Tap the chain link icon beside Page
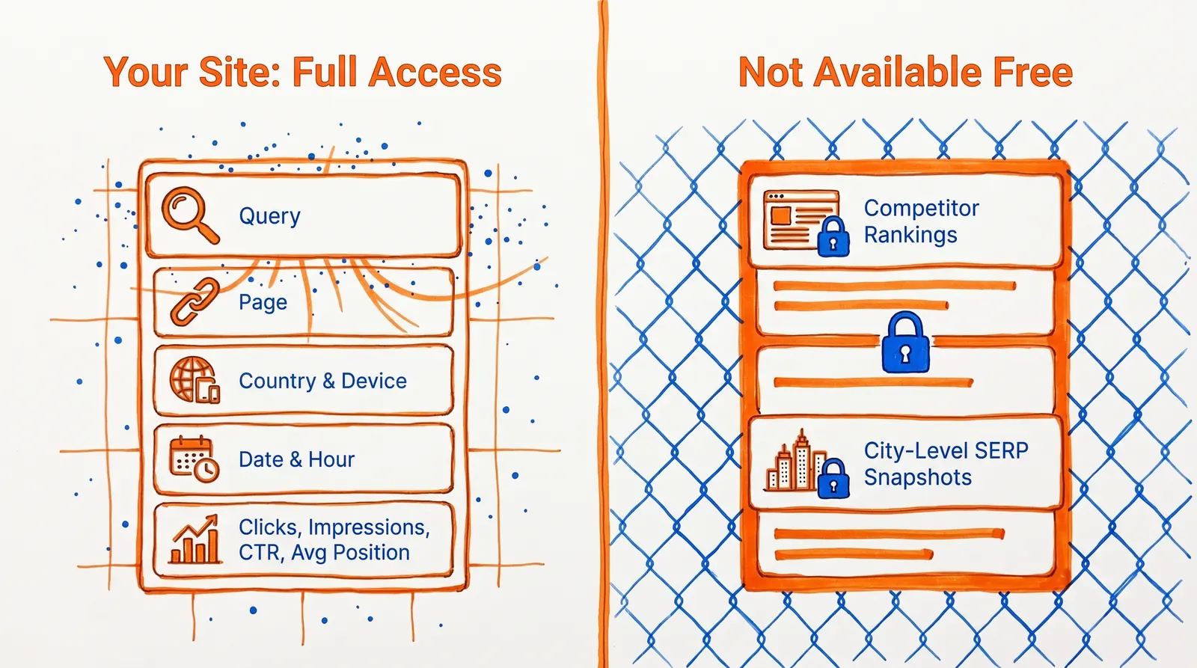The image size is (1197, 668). pyautogui.click(x=195, y=303)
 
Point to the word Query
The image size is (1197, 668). pyautogui.click(x=269, y=216)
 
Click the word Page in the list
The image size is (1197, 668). pyautogui.click(x=263, y=303)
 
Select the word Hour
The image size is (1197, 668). pyautogui.click(x=331, y=459)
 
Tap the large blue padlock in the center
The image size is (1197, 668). pyautogui.click(x=905, y=343)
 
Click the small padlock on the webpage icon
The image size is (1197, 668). pyautogui.click(x=833, y=237)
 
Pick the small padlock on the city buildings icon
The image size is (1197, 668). pyautogui.click(x=833, y=478)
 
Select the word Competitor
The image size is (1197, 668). pyautogui.click(x=921, y=208)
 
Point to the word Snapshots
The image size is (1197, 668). pyautogui.click(x=917, y=477)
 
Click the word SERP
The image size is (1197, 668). pyautogui.click(x=1002, y=450)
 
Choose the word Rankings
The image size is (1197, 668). pyautogui.click(x=910, y=235)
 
